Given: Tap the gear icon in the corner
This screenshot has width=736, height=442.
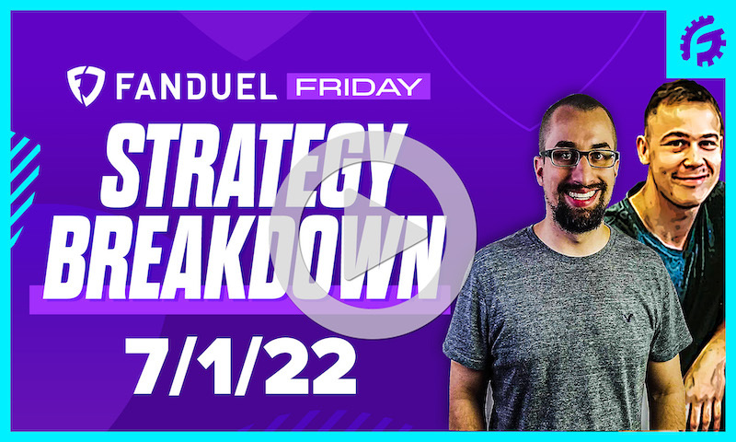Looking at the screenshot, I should click(x=703, y=41).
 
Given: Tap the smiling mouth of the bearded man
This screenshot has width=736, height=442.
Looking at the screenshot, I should click(x=581, y=196).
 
